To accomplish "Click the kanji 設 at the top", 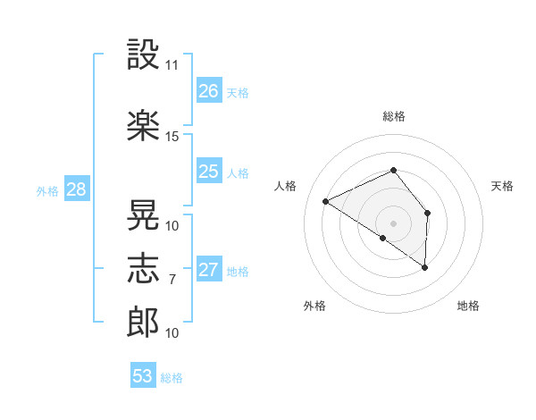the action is [143, 54].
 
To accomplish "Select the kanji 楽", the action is [143, 125].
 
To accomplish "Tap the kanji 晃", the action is [143, 214].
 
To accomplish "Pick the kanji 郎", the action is [143, 323].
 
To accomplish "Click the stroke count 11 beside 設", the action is [172, 65].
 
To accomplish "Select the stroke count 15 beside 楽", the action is [172, 137].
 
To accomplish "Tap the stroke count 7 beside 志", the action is [172, 280].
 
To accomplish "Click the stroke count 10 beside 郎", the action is [172, 333].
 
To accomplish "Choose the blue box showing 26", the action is [209, 90].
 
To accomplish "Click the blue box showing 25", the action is [209, 171].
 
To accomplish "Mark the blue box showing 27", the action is [209, 268].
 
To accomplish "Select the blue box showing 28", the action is [77, 189].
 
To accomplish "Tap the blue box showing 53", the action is [143, 374].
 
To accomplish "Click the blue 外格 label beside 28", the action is [47, 191].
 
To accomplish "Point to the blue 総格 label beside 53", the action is [172, 378].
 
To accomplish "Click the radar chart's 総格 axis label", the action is [394, 117].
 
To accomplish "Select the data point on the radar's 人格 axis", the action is [326, 201].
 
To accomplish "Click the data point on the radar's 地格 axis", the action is [424, 267].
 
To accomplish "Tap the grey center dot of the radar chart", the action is [393, 223].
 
